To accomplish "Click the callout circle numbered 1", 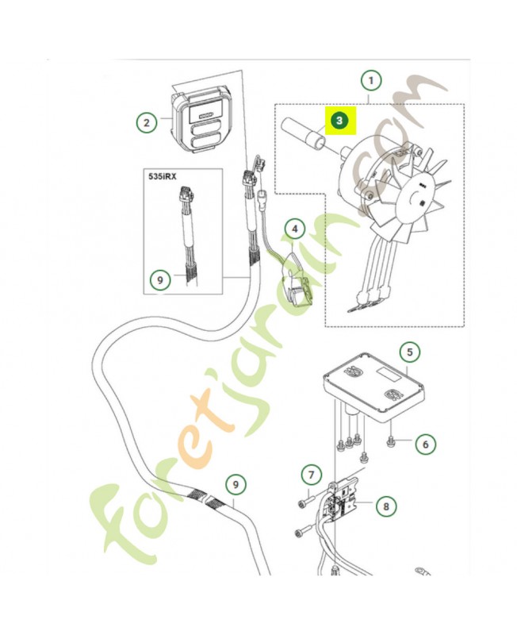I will pos(370,80).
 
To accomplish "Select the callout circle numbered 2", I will pos(145,123).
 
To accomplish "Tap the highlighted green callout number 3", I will pos(339,121).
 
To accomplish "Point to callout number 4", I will pos(294,230).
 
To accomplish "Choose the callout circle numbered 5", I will pos(409,352).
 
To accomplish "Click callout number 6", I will pos(424,444).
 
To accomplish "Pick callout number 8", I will pos(386,505).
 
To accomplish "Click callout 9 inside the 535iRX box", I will pos(160,279).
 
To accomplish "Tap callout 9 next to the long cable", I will pos(234,483).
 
